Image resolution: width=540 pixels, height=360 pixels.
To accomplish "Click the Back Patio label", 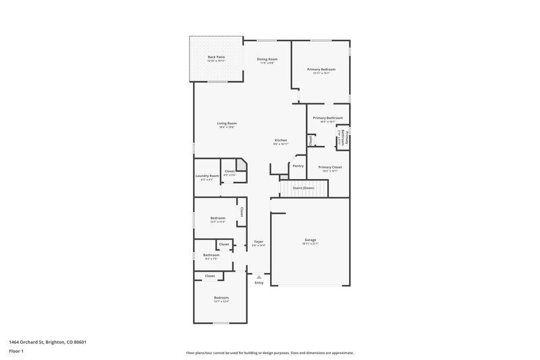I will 216,57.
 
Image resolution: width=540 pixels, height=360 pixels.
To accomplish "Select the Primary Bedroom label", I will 321,69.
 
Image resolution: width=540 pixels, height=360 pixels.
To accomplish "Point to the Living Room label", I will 227,123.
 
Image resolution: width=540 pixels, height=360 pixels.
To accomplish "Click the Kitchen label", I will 280,140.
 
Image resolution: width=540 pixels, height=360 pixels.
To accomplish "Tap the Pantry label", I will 298,165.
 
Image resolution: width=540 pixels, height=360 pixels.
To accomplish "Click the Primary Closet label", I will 330,167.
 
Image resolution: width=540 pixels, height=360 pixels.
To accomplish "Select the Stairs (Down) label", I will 303,187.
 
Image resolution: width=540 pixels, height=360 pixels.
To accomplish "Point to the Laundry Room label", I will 207,176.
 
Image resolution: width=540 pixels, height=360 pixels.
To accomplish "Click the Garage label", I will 310,240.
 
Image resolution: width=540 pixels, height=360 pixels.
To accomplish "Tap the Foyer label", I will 259,241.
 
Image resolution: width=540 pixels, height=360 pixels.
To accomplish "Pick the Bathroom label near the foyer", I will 211,255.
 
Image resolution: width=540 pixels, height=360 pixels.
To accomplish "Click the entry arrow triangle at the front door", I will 259,276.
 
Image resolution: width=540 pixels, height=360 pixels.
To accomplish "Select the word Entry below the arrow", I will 259,282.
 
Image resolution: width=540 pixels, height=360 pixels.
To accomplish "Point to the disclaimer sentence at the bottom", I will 269,353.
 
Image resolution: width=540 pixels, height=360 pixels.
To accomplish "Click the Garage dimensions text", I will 310,244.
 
